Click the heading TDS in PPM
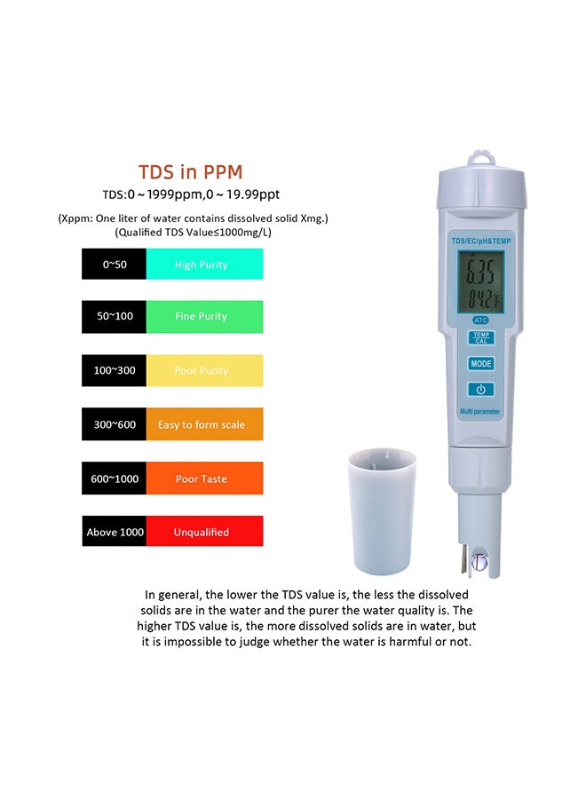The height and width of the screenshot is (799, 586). (190, 171)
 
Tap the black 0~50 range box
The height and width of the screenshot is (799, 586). (115, 265)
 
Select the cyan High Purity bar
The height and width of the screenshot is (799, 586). (204, 265)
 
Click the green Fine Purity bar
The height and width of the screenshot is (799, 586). (204, 317)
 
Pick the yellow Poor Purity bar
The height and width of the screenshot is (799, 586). (204, 370)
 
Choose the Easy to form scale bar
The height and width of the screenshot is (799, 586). (204, 424)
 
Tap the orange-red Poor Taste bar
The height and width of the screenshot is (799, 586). (204, 479)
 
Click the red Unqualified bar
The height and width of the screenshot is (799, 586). (204, 532)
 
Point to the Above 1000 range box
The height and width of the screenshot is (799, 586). (115, 532)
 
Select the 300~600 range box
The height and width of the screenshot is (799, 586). (115, 424)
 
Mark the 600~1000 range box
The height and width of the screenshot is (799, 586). (115, 479)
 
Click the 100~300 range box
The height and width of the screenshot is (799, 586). (115, 370)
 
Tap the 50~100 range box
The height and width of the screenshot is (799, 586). (115, 317)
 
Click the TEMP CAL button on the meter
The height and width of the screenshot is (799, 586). (481, 338)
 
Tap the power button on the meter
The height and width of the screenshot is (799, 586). (481, 389)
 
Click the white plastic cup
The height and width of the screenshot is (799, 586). (381, 510)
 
